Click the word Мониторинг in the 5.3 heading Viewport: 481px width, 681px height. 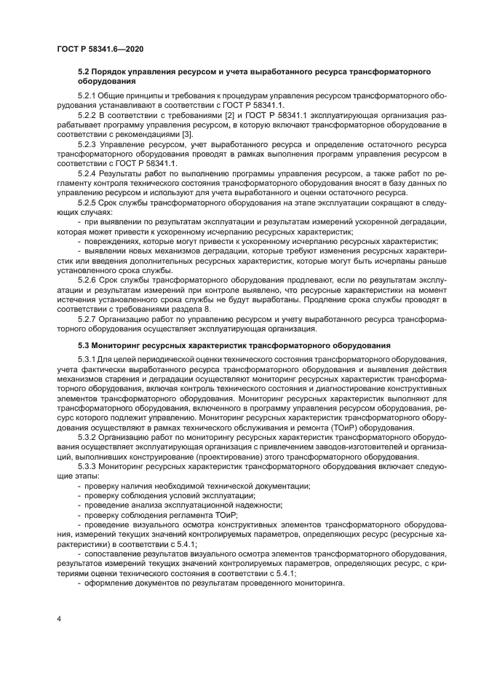[x=119, y=343]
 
